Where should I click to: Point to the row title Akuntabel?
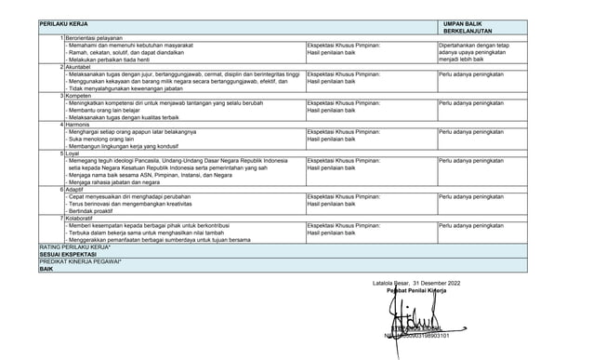click(x=79, y=67)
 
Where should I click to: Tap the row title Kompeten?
click(x=79, y=96)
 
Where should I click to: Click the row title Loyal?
click(x=73, y=153)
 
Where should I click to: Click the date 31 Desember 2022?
click(x=442, y=282)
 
